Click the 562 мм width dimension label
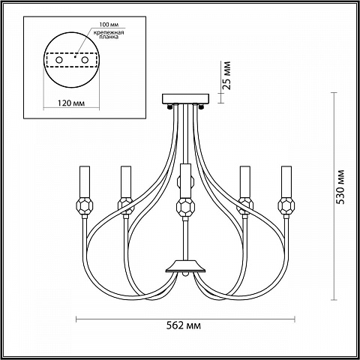coord(184,325)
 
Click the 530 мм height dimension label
coord(340,187)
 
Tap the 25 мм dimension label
coord(226,75)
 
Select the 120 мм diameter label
coord(71,103)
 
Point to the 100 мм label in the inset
coord(109,25)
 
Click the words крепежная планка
coord(109,34)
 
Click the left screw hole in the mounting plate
coord(59,60)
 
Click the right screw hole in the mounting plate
coord(85,60)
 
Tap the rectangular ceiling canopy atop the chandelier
coord(185,99)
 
